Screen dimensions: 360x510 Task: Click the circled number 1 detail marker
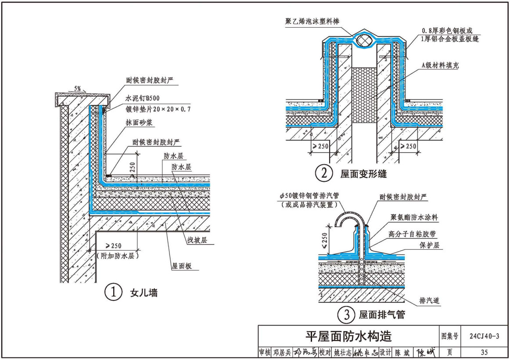[x=113, y=293]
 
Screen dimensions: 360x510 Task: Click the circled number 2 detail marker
[x=323, y=174]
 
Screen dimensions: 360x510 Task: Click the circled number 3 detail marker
[x=346, y=314]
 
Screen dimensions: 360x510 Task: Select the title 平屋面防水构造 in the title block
[x=348, y=336]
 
